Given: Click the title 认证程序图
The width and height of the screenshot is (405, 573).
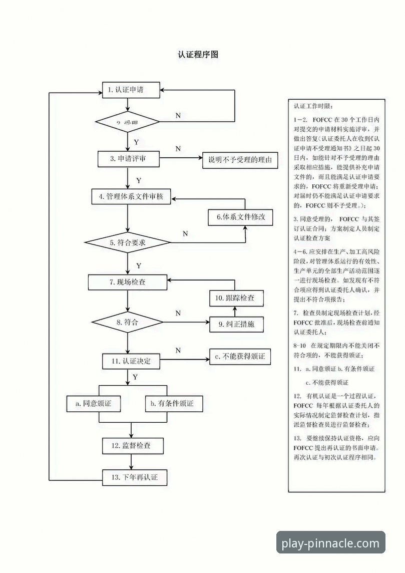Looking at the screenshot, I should tap(198, 55).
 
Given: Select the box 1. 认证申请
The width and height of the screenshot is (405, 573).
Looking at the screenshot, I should tap(131, 90).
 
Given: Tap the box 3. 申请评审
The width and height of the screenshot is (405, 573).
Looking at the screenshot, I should tap(129, 159).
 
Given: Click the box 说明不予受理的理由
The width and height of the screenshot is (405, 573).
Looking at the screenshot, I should tap(240, 160).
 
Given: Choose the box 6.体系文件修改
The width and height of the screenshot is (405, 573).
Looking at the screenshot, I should tap(244, 217).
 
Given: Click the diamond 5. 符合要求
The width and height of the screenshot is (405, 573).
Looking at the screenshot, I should tap(127, 242).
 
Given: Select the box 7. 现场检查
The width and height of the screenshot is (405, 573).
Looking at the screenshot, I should tap(128, 282).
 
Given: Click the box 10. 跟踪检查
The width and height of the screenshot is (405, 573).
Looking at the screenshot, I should tap(235, 298).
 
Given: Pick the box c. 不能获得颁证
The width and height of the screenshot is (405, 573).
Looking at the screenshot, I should tap(239, 357).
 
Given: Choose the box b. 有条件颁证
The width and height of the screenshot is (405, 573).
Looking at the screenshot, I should tap(169, 403).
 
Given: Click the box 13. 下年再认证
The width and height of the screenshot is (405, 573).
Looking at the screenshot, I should tap(134, 477).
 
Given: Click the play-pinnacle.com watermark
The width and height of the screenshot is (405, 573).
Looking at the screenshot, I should tap(331, 543).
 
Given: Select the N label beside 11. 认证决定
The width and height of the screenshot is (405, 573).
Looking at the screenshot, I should tap(178, 350).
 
